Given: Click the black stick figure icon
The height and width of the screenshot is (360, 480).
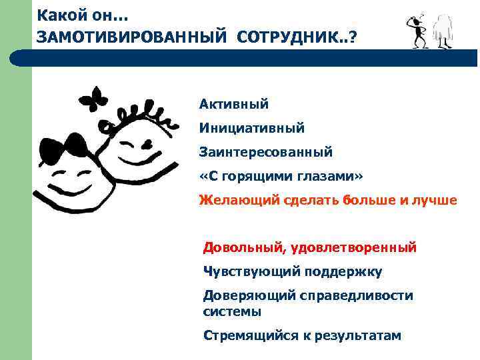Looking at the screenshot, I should [417, 29].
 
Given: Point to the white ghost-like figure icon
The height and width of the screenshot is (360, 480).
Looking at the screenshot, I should [443, 30].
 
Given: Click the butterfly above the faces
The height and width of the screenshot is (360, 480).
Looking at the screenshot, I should [93, 101].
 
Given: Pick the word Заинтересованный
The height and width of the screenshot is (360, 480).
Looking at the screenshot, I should [265, 152].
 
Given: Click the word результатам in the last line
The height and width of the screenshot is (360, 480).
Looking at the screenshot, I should [357, 335].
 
